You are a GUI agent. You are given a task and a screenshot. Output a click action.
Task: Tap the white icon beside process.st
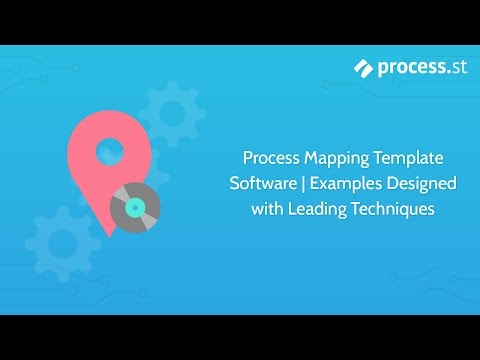click(x=363, y=67)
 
